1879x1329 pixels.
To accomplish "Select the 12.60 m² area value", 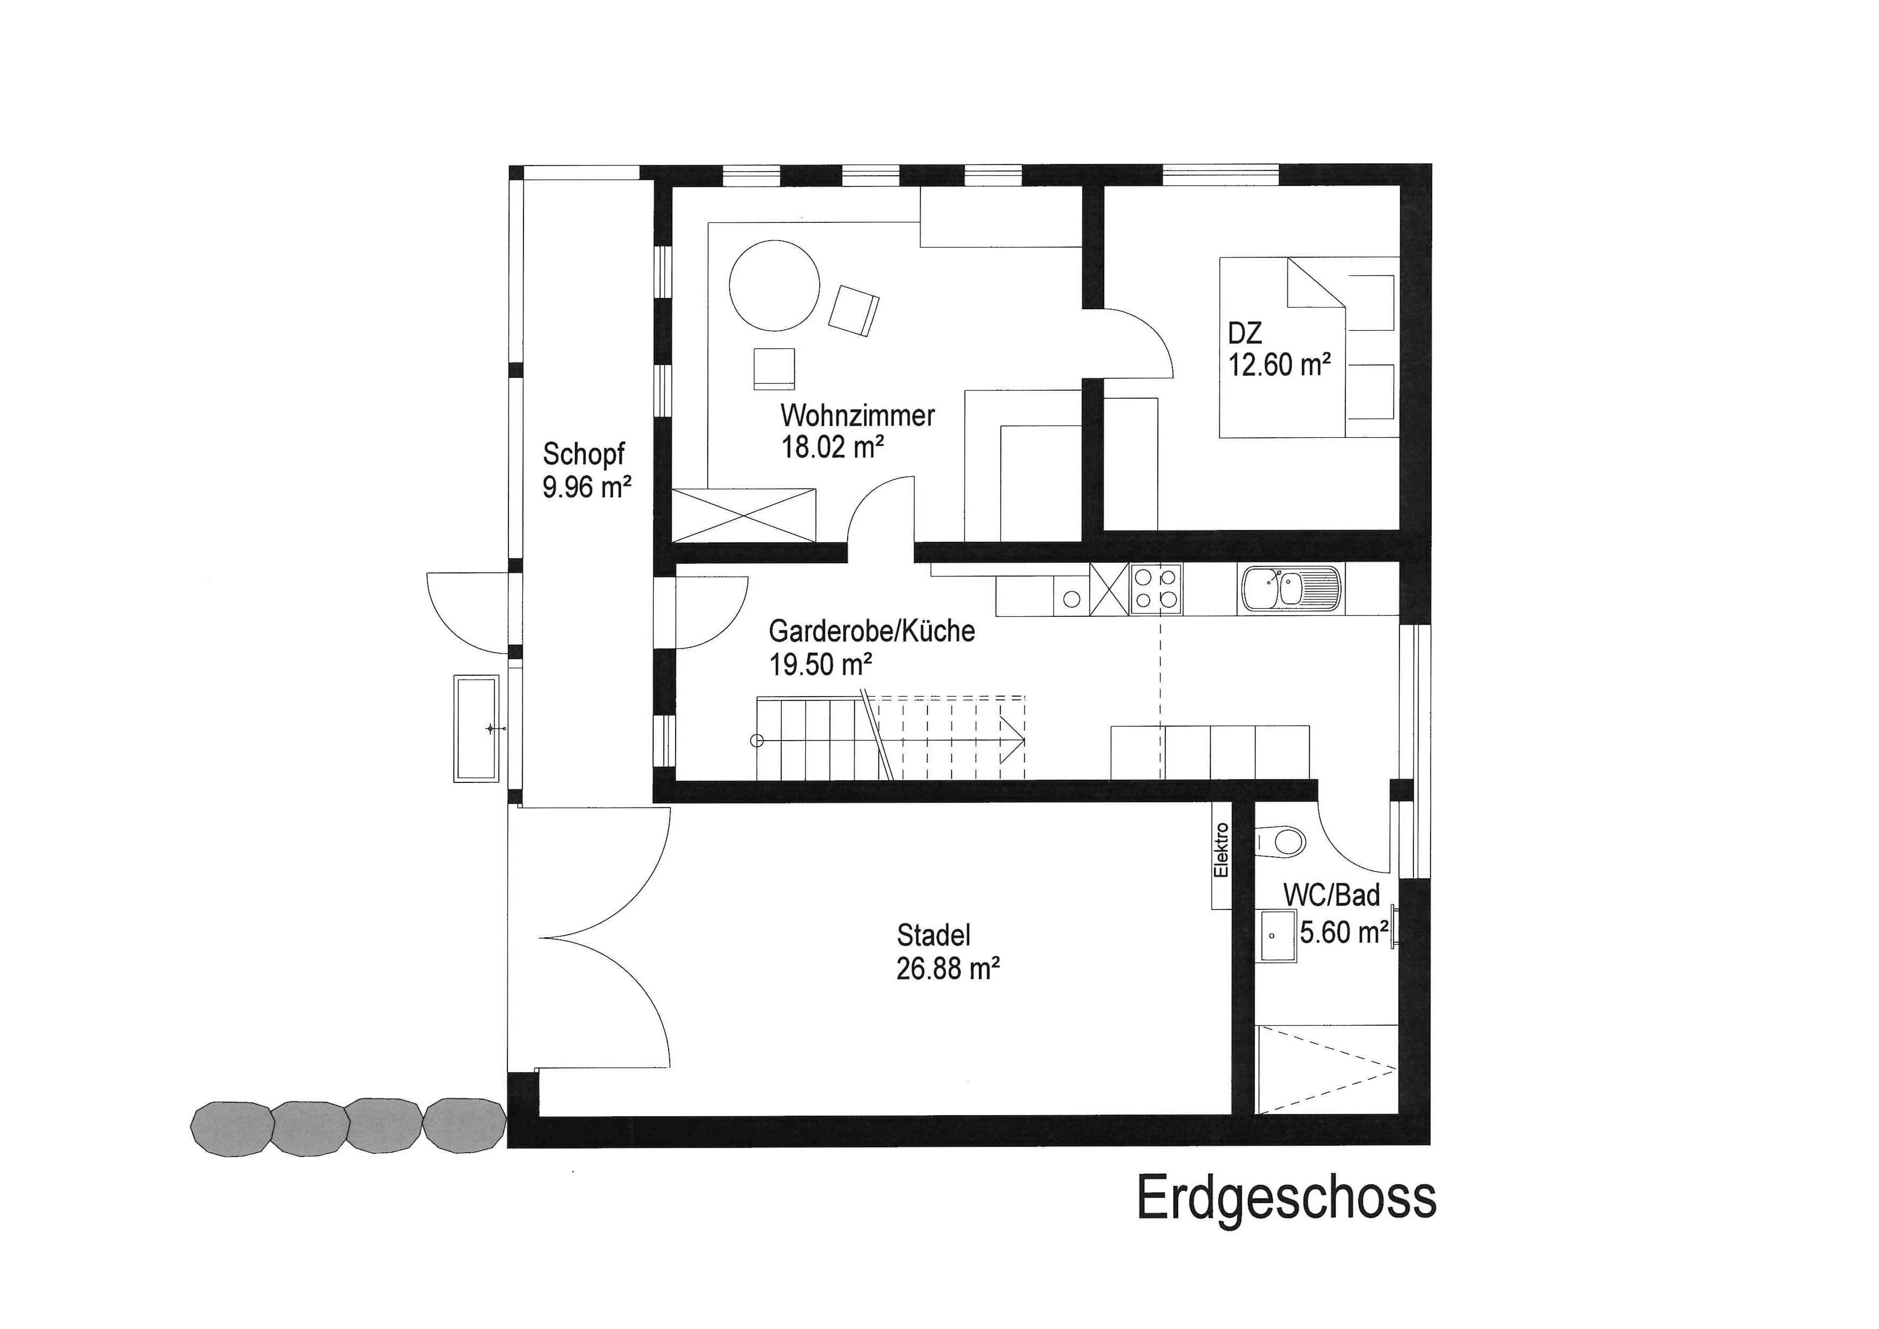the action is click(1279, 364).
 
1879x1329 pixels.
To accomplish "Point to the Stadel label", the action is click(934, 935).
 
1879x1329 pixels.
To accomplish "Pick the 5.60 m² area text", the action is click(1344, 932).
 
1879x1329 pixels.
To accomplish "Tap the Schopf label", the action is click(583, 455).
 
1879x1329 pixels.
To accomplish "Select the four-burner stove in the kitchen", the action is click(1156, 589).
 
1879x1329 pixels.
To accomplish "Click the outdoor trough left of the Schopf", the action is click(476, 728).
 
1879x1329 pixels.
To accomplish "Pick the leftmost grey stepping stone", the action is click(231, 1128).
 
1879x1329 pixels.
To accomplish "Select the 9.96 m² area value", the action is click(587, 488).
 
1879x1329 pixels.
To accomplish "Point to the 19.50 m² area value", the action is click(820, 664).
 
